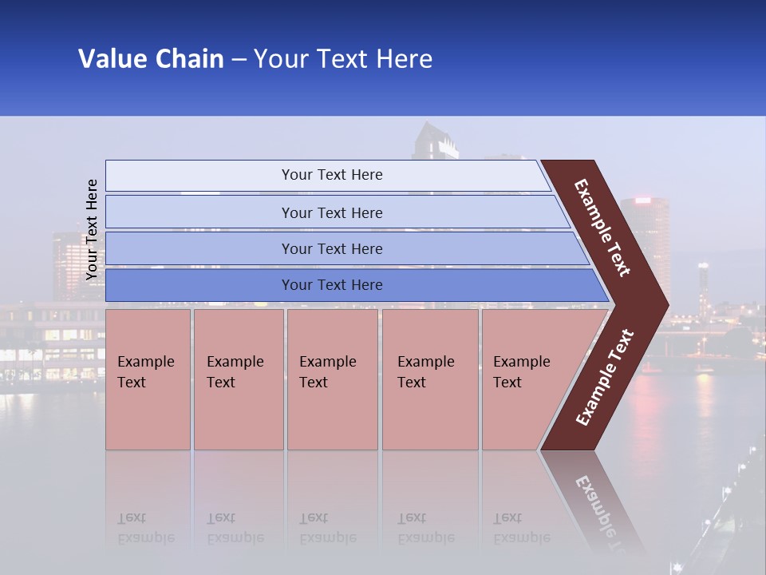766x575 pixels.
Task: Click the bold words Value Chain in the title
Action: (x=151, y=59)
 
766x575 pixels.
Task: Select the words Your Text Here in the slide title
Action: (x=343, y=59)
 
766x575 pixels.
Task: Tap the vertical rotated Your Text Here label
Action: (x=92, y=229)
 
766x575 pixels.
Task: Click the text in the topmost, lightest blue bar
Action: (x=332, y=175)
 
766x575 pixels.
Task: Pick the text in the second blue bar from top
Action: (x=332, y=213)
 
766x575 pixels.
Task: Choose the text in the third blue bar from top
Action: (x=332, y=249)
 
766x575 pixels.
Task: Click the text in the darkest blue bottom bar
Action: (x=332, y=285)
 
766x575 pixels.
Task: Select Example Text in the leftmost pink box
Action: (x=145, y=372)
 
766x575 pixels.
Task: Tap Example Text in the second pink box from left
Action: (x=235, y=372)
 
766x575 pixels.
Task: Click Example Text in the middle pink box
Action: (x=327, y=372)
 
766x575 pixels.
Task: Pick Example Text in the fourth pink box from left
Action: (x=425, y=372)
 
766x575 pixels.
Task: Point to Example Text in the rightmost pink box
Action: (x=521, y=372)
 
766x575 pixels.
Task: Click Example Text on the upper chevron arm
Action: (x=602, y=228)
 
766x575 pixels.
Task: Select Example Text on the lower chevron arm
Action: (x=605, y=378)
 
